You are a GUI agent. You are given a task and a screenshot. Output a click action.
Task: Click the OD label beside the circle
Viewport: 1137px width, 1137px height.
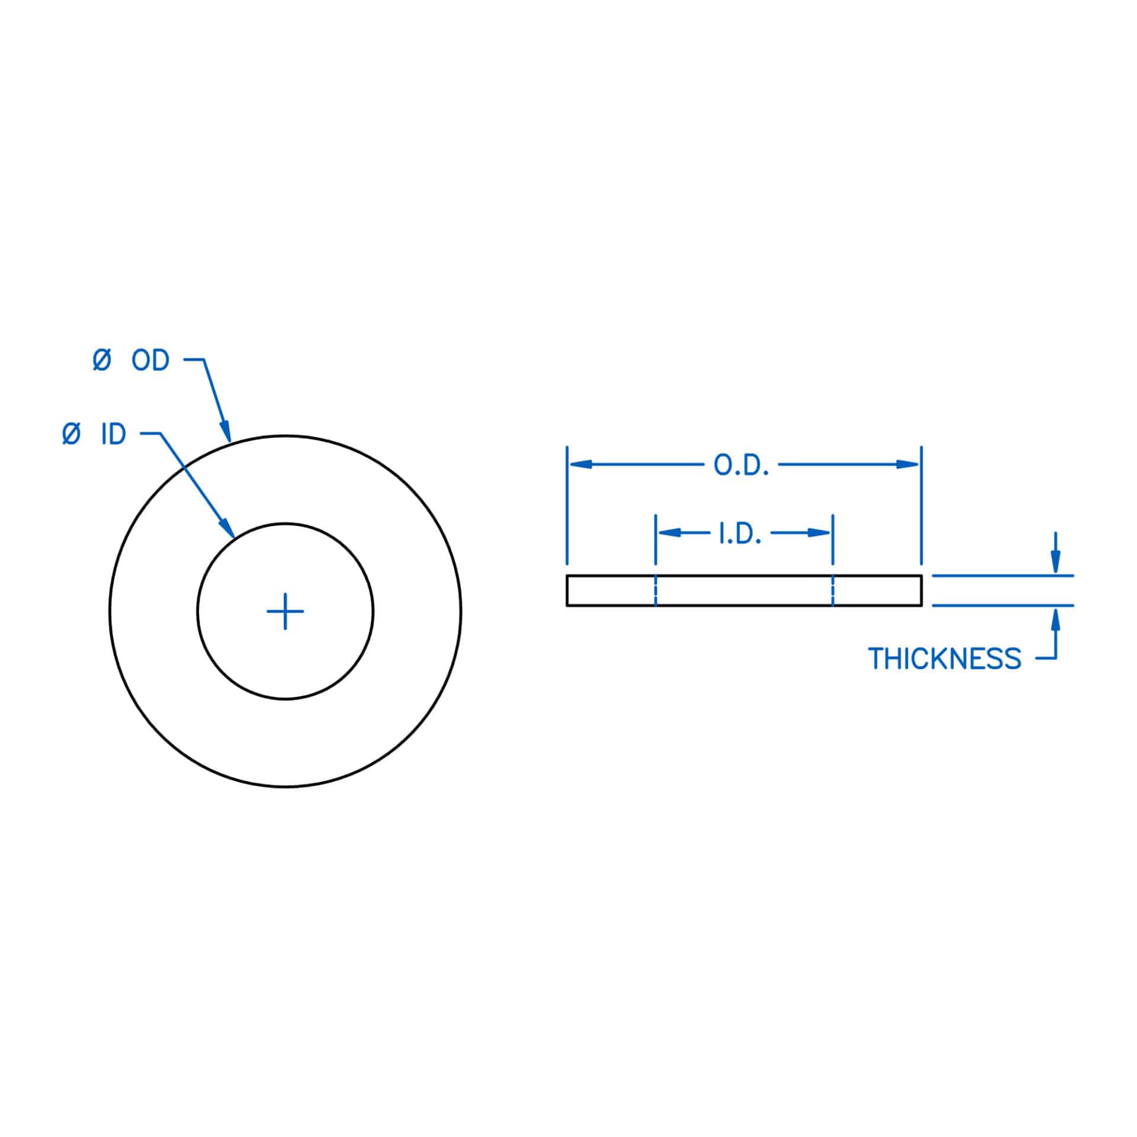tap(150, 360)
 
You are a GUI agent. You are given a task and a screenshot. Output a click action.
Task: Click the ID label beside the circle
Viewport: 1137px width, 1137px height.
tap(113, 435)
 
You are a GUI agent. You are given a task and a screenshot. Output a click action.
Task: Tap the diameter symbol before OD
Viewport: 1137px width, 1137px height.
tap(102, 360)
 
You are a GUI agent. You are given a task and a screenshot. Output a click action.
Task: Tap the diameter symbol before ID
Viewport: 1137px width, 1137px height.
tap(71, 435)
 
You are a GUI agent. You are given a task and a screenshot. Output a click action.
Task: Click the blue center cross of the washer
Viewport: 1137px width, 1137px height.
tap(285, 611)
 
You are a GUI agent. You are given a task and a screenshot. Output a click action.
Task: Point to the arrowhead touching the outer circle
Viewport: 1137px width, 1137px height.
tap(226, 431)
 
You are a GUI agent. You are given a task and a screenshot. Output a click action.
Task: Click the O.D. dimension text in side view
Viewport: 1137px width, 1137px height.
tap(741, 465)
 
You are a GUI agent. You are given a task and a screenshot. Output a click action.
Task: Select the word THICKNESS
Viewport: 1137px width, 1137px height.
tap(945, 659)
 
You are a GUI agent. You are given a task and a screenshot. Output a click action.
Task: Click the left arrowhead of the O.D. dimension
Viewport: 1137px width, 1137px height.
tap(580, 464)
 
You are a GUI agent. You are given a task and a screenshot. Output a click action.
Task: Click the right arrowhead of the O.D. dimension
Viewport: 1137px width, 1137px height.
tap(907, 464)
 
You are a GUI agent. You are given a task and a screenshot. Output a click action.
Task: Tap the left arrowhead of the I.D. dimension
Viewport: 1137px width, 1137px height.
tap(669, 532)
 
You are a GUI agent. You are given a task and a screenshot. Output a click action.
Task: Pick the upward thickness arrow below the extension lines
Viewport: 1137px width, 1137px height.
tap(1055, 620)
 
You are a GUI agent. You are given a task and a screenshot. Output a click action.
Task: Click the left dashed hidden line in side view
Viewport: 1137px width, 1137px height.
tap(656, 590)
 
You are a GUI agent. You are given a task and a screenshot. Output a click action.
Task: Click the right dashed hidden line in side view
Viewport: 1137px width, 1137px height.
tap(833, 590)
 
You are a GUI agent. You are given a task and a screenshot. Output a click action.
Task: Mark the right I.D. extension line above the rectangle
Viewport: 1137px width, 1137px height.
tap(833, 539)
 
